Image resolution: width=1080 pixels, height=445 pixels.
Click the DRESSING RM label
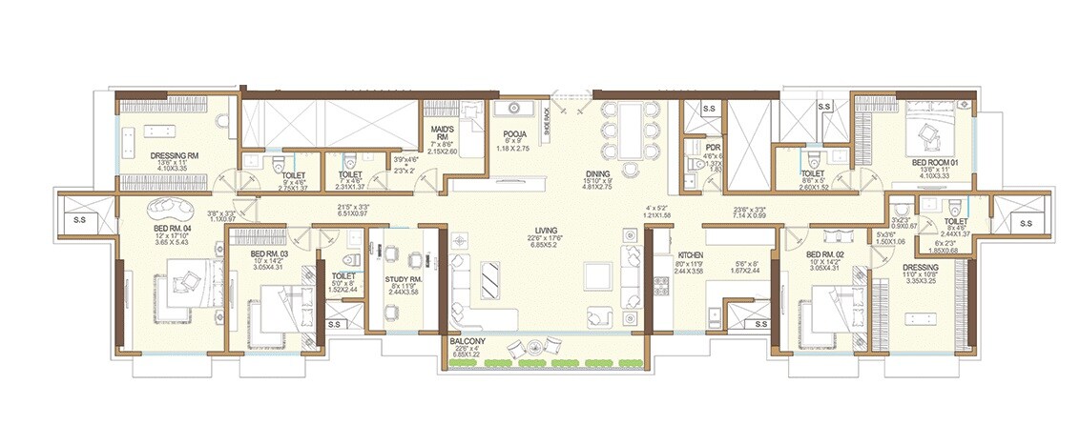point(174,155)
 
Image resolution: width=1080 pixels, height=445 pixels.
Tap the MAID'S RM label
point(442,130)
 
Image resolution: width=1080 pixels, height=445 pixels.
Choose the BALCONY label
point(468,341)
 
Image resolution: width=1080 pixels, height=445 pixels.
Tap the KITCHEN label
point(690,256)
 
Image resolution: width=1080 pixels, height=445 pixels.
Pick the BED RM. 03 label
point(270,254)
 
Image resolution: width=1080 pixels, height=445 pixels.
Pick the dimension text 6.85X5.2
point(546,247)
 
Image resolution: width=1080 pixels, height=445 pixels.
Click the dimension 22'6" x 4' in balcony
point(468,350)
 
